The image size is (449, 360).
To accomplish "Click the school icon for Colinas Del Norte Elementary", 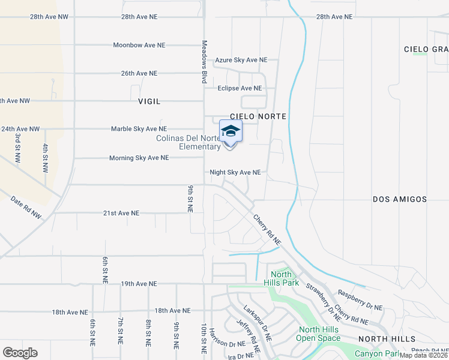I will [231, 131].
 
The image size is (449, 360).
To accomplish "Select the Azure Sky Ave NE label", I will [241, 60].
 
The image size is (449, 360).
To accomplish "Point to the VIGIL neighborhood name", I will [149, 101].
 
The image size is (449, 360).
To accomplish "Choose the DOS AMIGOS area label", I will [399, 199].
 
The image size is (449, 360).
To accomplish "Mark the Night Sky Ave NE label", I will [235, 172].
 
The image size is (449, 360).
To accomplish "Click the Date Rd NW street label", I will [26, 206].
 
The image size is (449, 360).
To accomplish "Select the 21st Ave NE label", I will [121, 213].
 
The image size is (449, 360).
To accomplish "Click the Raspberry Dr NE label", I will [360, 300].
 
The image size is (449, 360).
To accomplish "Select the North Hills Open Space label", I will [319, 334].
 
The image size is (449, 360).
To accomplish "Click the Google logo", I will [20, 352].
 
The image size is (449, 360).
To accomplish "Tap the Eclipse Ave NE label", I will [240, 88].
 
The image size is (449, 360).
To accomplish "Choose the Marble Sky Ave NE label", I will [139, 129].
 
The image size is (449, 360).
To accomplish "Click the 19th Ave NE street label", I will [139, 283].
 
